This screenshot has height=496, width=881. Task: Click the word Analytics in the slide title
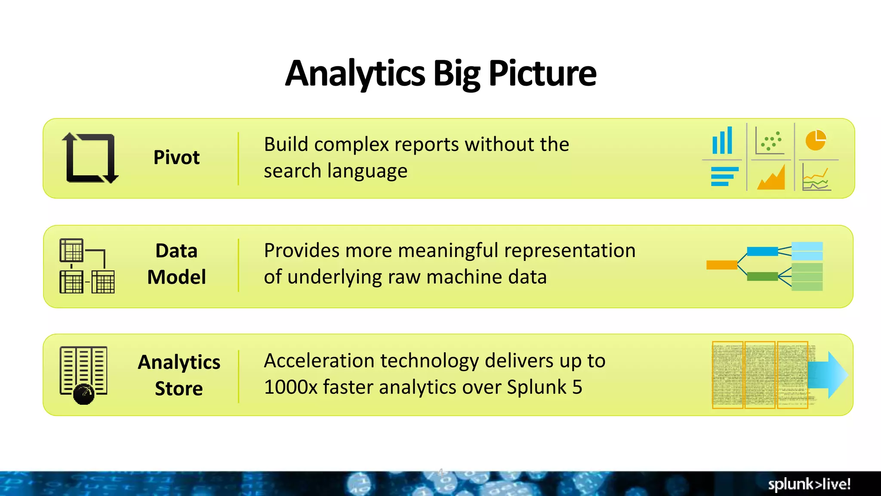(x=355, y=74)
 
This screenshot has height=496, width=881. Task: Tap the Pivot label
(x=176, y=158)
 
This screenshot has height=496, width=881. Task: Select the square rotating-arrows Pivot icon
(x=90, y=158)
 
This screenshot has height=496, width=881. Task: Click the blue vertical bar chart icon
(x=722, y=141)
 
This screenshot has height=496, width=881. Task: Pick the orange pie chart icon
(x=816, y=140)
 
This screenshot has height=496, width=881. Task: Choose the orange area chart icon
(x=771, y=177)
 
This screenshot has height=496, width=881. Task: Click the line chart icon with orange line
(x=816, y=179)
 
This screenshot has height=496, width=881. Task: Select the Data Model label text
(x=176, y=263)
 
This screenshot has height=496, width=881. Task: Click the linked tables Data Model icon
(x=87, y=266)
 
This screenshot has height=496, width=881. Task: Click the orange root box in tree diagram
(x=721, y=265)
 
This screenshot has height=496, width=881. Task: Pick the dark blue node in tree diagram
(x=762, y=251)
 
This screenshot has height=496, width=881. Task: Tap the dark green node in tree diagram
(x=762, y=276)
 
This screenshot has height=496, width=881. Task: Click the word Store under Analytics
(x=179, y=389)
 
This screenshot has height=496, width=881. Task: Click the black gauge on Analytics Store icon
(x=83, y=394)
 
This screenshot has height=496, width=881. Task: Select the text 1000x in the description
(x=290, y=387)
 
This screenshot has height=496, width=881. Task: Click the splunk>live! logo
(x=809, y=484)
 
